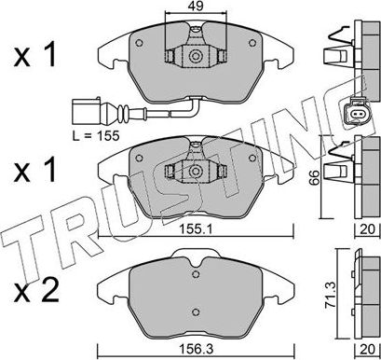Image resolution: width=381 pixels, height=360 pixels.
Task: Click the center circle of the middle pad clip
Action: tap(197, 172)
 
